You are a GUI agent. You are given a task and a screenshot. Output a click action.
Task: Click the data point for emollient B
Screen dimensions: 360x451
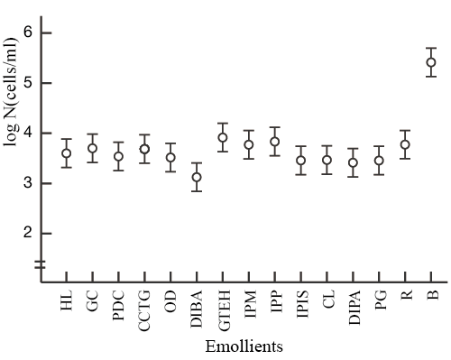coord(431,62)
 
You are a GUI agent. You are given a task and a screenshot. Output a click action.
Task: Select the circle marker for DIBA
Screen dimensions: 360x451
coord(197,177)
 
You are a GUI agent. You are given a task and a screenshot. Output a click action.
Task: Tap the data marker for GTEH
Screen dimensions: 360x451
coord(223,138)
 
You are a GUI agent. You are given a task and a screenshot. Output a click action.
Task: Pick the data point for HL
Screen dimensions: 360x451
coord(66,153)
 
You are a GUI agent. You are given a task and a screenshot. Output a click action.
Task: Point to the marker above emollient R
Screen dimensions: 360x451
coord(405,144)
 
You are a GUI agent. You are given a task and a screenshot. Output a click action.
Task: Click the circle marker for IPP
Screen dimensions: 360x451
coord(275,142)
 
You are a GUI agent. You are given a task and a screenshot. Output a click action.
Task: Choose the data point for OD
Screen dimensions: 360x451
coord(170,158)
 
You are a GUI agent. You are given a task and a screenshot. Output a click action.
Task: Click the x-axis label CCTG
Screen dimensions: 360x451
coord(144,310)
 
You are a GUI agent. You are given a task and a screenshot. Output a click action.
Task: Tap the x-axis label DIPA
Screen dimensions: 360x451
coord(354,310)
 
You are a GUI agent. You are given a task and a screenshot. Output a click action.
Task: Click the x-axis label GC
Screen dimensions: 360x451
coord(92,304)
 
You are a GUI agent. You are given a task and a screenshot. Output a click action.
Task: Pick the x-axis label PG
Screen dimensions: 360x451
coord(380,304)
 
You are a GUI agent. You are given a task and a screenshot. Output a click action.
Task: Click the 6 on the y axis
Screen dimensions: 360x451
coord(21,33)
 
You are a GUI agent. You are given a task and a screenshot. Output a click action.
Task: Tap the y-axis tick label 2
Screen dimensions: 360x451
coord(21,233)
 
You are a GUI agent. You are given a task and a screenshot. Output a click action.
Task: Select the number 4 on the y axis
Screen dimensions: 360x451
coord(21,134)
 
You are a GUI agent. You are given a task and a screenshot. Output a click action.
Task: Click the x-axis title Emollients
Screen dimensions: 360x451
coord(245,346)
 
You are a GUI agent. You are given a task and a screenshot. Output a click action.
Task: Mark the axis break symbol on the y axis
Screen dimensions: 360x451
coord(40,264)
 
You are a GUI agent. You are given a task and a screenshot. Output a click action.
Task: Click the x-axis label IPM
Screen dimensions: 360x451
coord(249,307)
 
